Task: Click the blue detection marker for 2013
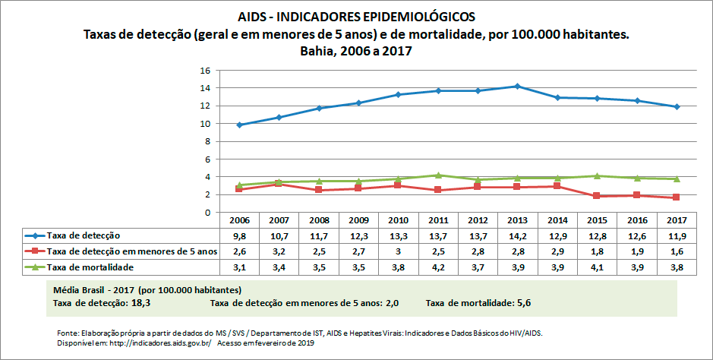(x=517, y=86)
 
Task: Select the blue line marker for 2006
(x=239, y=125)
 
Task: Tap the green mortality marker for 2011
(x=437, y=175)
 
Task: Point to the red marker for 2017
(x=675, y=197)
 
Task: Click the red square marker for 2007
(x=279, y=184)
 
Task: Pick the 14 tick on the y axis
(x=204, y=88)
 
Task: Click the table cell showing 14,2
(x=517, y=235)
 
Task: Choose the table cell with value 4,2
(x=437, y=267)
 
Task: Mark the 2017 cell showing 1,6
(x=675, y=251)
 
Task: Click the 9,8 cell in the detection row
(x=239, y=235)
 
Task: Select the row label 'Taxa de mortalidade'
(x=90, y=267)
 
